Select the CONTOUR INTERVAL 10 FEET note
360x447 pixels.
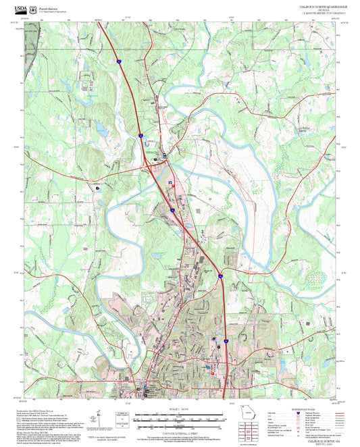(x=180, y=432)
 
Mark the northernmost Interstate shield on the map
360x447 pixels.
(x=118, y=61)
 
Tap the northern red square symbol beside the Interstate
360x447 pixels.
(x=172, y=183)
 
